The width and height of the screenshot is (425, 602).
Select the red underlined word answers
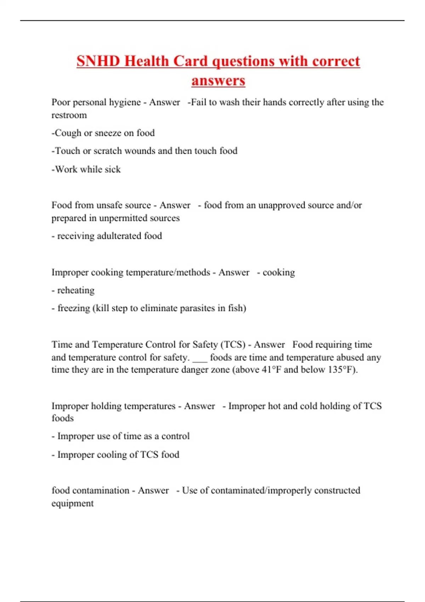tap(218, 80)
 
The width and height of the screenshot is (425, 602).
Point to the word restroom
tap(69, 115)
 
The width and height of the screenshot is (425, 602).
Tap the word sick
tap(113, 170)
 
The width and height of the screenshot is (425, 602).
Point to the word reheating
tap(76, 290)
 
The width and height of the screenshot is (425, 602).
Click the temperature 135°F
tap(342, 370)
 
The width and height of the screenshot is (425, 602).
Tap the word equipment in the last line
tap(73, 504)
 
